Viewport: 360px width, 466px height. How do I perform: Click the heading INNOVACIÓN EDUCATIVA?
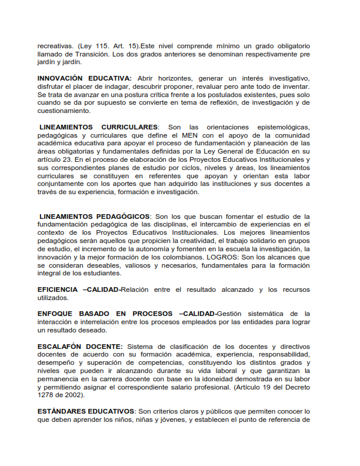[x=84, y=78]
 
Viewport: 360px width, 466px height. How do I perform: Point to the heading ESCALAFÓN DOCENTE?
[x=80, y=346]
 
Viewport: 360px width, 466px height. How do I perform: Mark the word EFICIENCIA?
[x=58, y=289]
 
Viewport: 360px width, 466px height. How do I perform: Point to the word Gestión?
[x=234, y=314]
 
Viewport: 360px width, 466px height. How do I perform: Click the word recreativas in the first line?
[x=55, y=46]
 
